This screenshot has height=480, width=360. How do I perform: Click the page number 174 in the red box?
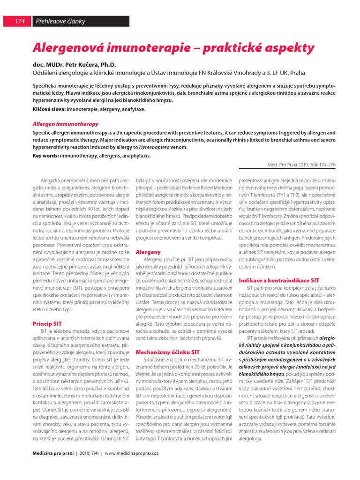pyautogui.click(x=20, y=21)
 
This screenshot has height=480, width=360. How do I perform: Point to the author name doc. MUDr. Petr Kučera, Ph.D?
pyautogui.click(x=74, y=65)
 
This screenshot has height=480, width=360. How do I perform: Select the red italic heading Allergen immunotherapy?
pyautogui.click(x=65, y=124)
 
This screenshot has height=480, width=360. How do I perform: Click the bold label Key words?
pyautogui.click(x=46, y=156)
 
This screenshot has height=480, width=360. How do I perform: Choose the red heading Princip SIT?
pyautogui.click(x=47, y=324)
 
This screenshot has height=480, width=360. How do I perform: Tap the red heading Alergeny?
pyautogui.click(x=148, y=252)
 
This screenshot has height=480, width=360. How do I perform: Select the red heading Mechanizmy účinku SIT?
pyautogui.click(x=167, y=352)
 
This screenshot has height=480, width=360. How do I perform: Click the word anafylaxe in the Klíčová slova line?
pyautogui.click(x=133, y=109)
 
